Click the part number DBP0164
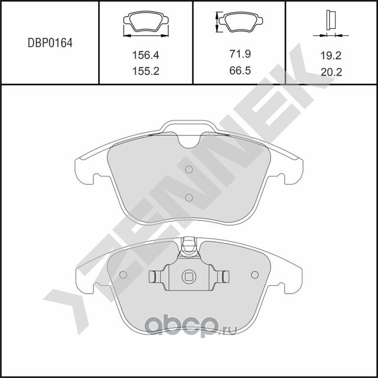point(50,43)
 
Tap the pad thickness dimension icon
point(331,22)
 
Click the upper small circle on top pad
point(189,170)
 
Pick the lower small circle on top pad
point(189,197)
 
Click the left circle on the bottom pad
point(123,275)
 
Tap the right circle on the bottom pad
point(255,275)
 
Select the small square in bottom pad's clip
point(189,275)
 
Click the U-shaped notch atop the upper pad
point(189,140)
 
